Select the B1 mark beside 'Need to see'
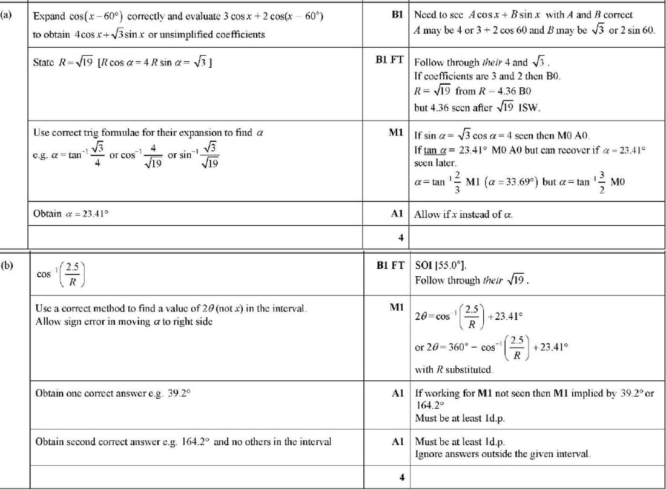point(398,14)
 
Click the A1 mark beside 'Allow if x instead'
point(397,213)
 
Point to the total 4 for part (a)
point(400,237)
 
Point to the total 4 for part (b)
point(400,477)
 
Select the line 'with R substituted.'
point(453,369)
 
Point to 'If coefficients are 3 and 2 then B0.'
point(487,76)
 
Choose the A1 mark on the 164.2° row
point(397,442)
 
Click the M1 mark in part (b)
point(397,308)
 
